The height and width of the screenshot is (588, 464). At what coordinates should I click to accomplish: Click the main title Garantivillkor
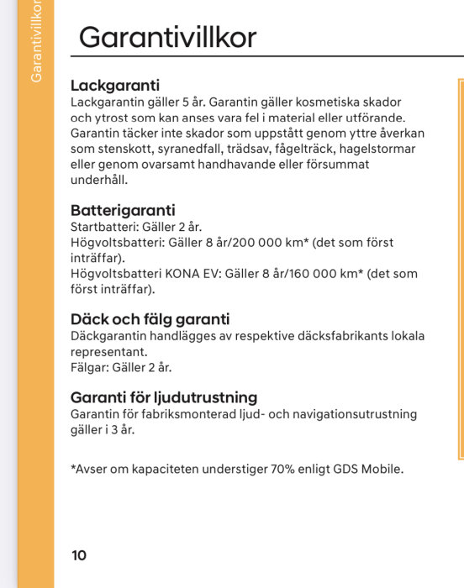tap(167, 37)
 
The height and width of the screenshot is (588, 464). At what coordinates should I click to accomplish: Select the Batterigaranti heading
tap(123, 210)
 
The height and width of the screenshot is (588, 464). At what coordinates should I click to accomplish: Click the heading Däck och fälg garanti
tap(150, 319)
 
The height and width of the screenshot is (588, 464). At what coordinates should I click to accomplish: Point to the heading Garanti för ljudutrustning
tap(164, 397)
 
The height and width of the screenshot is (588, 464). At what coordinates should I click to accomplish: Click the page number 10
tap(79, 555)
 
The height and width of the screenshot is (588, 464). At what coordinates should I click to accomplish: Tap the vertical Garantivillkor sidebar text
tap(36, 41)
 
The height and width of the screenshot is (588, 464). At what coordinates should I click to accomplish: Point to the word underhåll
tap(100, 181)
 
